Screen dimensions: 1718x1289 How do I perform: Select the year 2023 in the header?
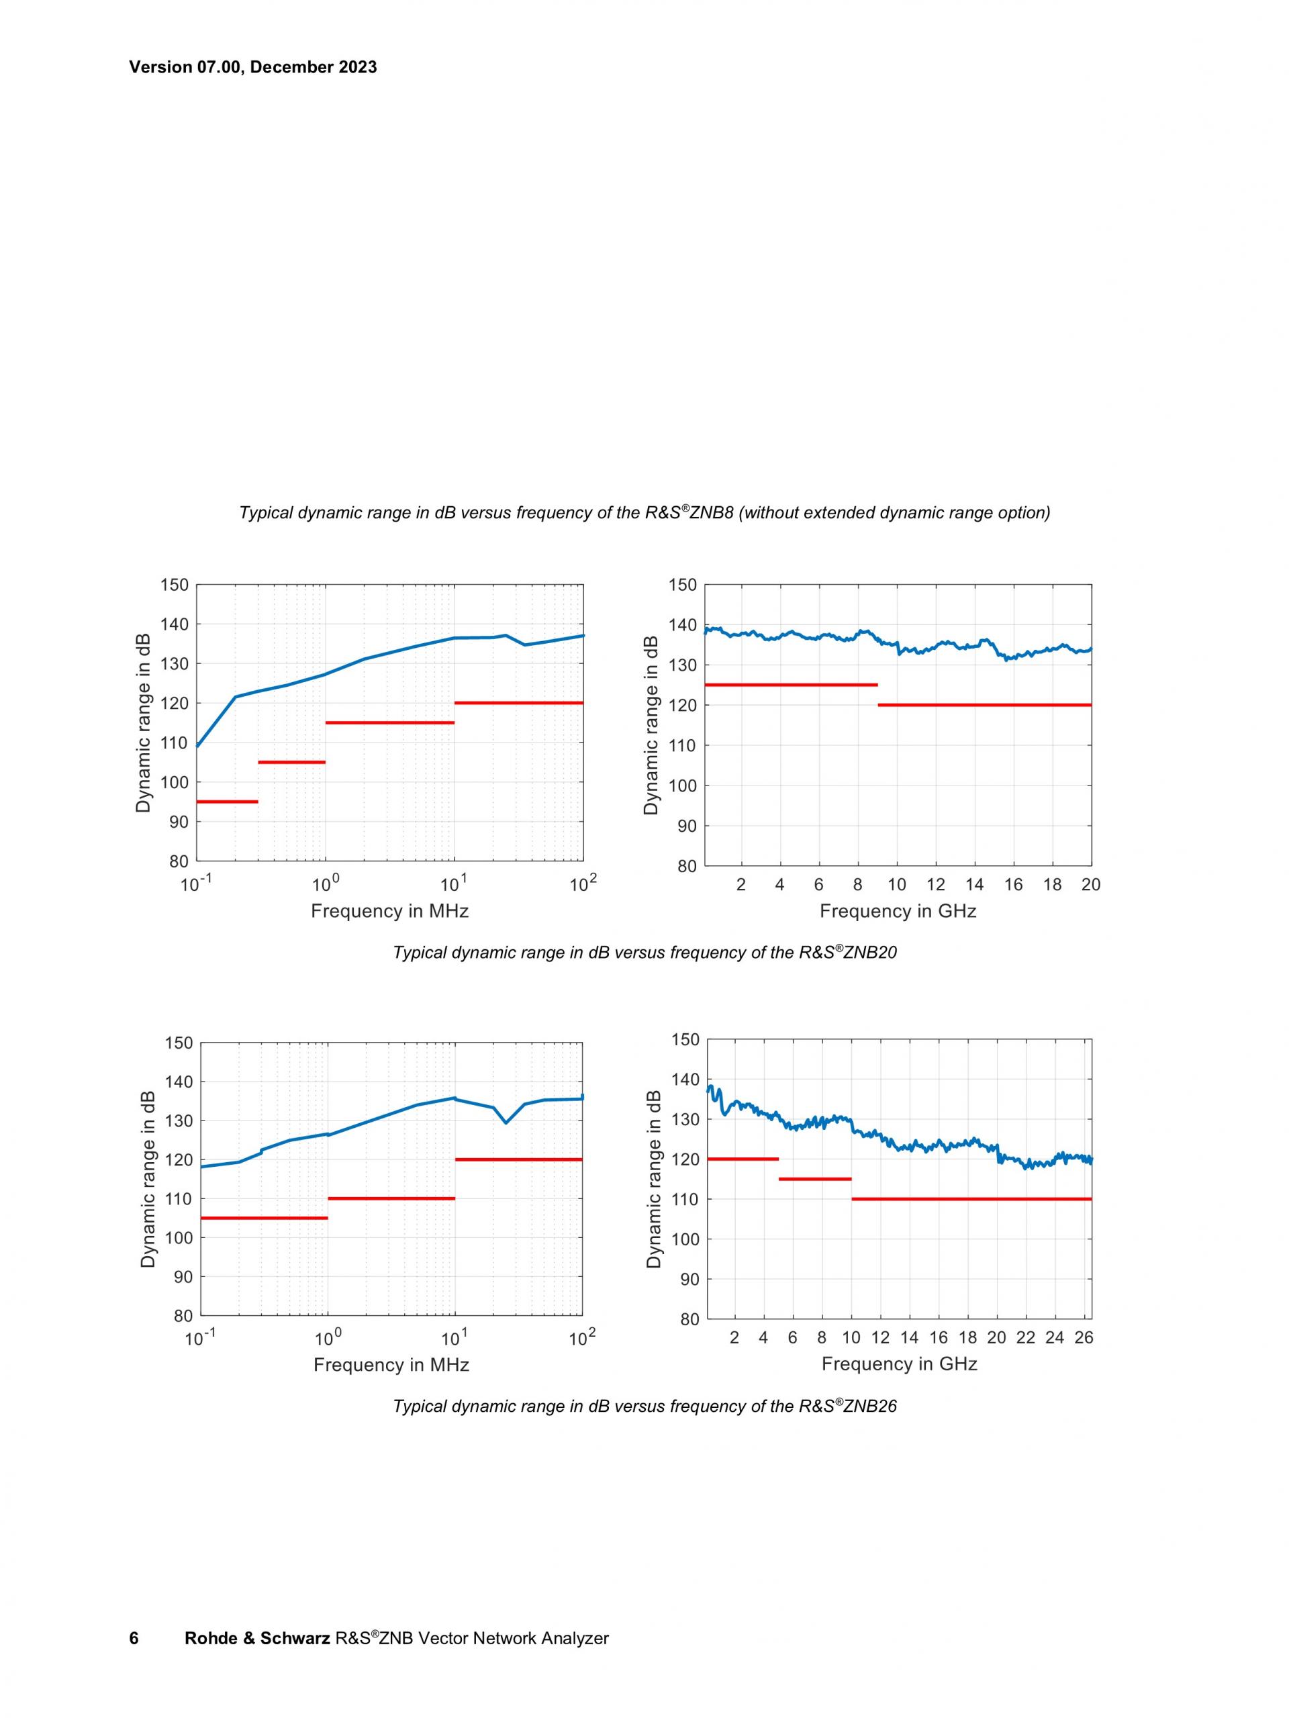pyautogui.click(x=358, y=66)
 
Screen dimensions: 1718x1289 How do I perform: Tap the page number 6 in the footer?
pyautogui.click(x=134, y=1638)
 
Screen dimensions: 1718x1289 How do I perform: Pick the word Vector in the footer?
pyautogui.click(x=442, y=1638)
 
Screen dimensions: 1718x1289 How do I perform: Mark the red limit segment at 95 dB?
pyautogui.click(x=227, y=802)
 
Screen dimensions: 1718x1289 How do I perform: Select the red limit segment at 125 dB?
pyautogui.click(x=790, y=684)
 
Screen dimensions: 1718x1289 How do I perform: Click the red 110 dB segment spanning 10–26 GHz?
pyautogui.click(x=971, y=1199)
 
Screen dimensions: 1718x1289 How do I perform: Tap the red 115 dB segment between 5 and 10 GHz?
pyautogui.click(x=814, y=1179)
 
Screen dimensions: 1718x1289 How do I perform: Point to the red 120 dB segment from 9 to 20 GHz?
pyautogui.click(x=984, y=704)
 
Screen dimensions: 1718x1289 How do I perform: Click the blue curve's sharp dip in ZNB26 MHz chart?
pyautogui.click(x=506, y=1123)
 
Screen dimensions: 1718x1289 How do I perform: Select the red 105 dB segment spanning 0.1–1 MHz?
pyautogui.click(x=264, y=1218)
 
